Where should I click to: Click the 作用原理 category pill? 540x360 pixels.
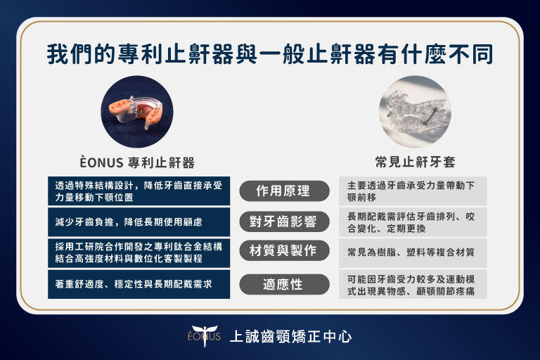[284, 191]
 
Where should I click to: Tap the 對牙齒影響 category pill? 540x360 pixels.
[284, 221]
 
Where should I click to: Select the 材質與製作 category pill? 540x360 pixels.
[284, 250]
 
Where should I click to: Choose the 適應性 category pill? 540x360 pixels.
[284, 284]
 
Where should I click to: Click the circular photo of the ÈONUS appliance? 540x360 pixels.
[137, 112]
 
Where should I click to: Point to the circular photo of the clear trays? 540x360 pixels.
[415, 112]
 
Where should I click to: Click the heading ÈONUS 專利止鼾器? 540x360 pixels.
[137, 162]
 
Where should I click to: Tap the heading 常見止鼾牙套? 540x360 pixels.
[415, 162]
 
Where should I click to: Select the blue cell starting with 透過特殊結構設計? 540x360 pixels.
[139, 191]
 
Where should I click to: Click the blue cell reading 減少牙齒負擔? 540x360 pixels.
[139, 222]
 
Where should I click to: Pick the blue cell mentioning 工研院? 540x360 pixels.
[139, 253]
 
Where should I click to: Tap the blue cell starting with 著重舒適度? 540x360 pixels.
[139, 284]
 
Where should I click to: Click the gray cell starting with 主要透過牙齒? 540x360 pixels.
[413, 191]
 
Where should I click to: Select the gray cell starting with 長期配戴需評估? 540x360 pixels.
[413, 222]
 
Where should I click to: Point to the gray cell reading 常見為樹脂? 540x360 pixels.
[413, 253]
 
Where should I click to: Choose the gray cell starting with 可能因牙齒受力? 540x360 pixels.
[413, 284]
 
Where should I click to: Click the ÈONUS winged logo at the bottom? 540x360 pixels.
[204, 335]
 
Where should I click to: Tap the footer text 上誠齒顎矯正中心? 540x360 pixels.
[290, 337]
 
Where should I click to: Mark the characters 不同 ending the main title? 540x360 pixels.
[470, 54]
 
